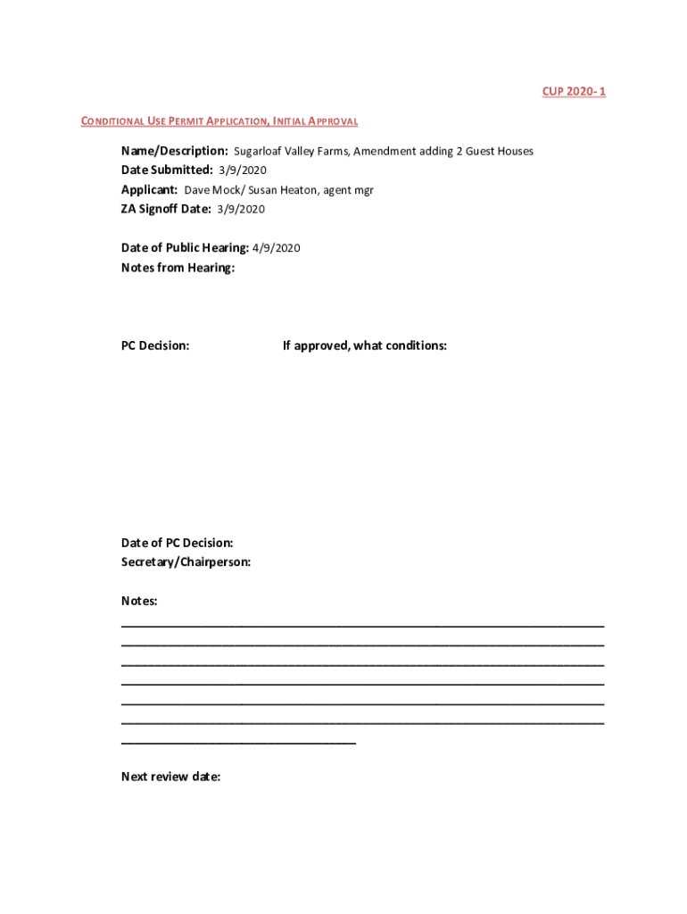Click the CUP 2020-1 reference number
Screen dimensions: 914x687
574,92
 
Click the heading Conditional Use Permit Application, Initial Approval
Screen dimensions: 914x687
219,121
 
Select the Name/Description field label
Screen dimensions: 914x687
175,151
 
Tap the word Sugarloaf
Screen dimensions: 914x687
257,152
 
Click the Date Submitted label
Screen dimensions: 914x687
167,170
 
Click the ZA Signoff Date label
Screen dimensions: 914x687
166,210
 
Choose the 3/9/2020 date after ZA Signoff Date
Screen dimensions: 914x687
241,210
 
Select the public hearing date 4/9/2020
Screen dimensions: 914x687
277,248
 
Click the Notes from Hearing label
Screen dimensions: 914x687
178,268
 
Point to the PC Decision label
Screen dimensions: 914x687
155,345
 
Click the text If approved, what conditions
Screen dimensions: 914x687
365,345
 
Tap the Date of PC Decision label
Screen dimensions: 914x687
178,543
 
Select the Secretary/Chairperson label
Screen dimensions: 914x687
186,562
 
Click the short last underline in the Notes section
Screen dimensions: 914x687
238,743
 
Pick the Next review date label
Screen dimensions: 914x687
170,777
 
